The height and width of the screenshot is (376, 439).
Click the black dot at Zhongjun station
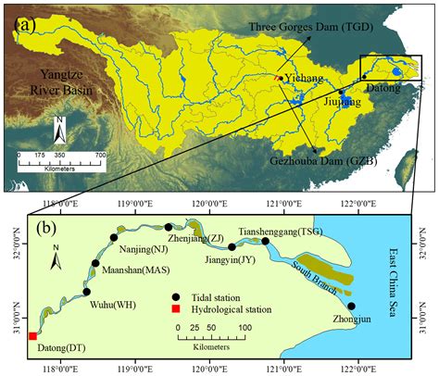(x=351, y=306)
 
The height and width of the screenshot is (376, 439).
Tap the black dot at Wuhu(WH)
(x=87, y=292)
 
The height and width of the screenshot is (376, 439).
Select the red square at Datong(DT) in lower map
(x=32, y=336)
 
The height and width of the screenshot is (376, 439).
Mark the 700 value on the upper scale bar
(x=98, y=154)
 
